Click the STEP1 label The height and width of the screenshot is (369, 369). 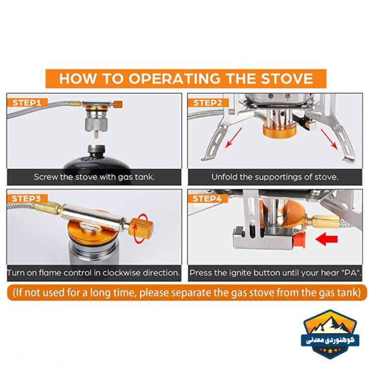[27, 103]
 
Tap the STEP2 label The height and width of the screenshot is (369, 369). [208, 103]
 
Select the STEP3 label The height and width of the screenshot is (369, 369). [26, 198]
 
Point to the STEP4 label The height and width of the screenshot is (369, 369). [207, 198]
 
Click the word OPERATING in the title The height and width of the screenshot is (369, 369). [174, 79]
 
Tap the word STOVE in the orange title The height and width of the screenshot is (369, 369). [287, 79]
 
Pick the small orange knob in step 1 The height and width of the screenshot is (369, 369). [118, 104]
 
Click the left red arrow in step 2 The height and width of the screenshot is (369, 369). [234, 138]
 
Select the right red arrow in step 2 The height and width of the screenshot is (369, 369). [330, 139]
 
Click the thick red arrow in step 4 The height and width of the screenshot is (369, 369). [327, 239]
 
